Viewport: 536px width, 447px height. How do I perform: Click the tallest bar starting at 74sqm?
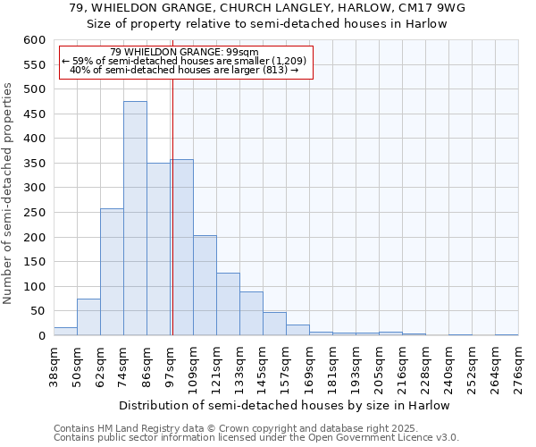click(135, 218)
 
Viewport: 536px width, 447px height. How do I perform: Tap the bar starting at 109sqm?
click(205, 285)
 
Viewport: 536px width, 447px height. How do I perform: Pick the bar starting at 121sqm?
click(228, 304)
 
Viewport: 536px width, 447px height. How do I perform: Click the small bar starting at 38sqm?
click(65, 331)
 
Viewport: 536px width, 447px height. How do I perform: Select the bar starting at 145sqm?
click(274, 324)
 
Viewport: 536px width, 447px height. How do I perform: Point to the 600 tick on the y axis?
click(34, 40)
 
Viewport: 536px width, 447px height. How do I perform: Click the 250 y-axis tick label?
click(34, 213)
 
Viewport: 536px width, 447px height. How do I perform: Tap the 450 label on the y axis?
click(34, 114)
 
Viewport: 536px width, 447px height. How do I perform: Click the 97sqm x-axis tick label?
click(171, 367)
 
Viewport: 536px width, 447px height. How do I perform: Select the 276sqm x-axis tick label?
click(519, 367)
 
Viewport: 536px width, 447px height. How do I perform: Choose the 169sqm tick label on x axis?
click(310, 367)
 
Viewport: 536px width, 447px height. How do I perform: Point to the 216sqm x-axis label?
click(403, 367)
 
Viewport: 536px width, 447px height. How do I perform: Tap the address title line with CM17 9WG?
click(267, 8)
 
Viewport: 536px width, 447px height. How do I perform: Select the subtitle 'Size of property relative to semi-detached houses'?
click(267, 23)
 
